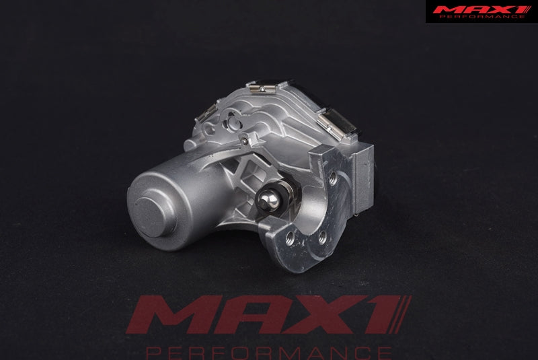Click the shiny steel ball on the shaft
270,200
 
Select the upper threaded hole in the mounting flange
332,178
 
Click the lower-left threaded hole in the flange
291,238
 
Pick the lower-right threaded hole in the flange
322,237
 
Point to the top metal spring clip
262,87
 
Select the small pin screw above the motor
243,140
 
